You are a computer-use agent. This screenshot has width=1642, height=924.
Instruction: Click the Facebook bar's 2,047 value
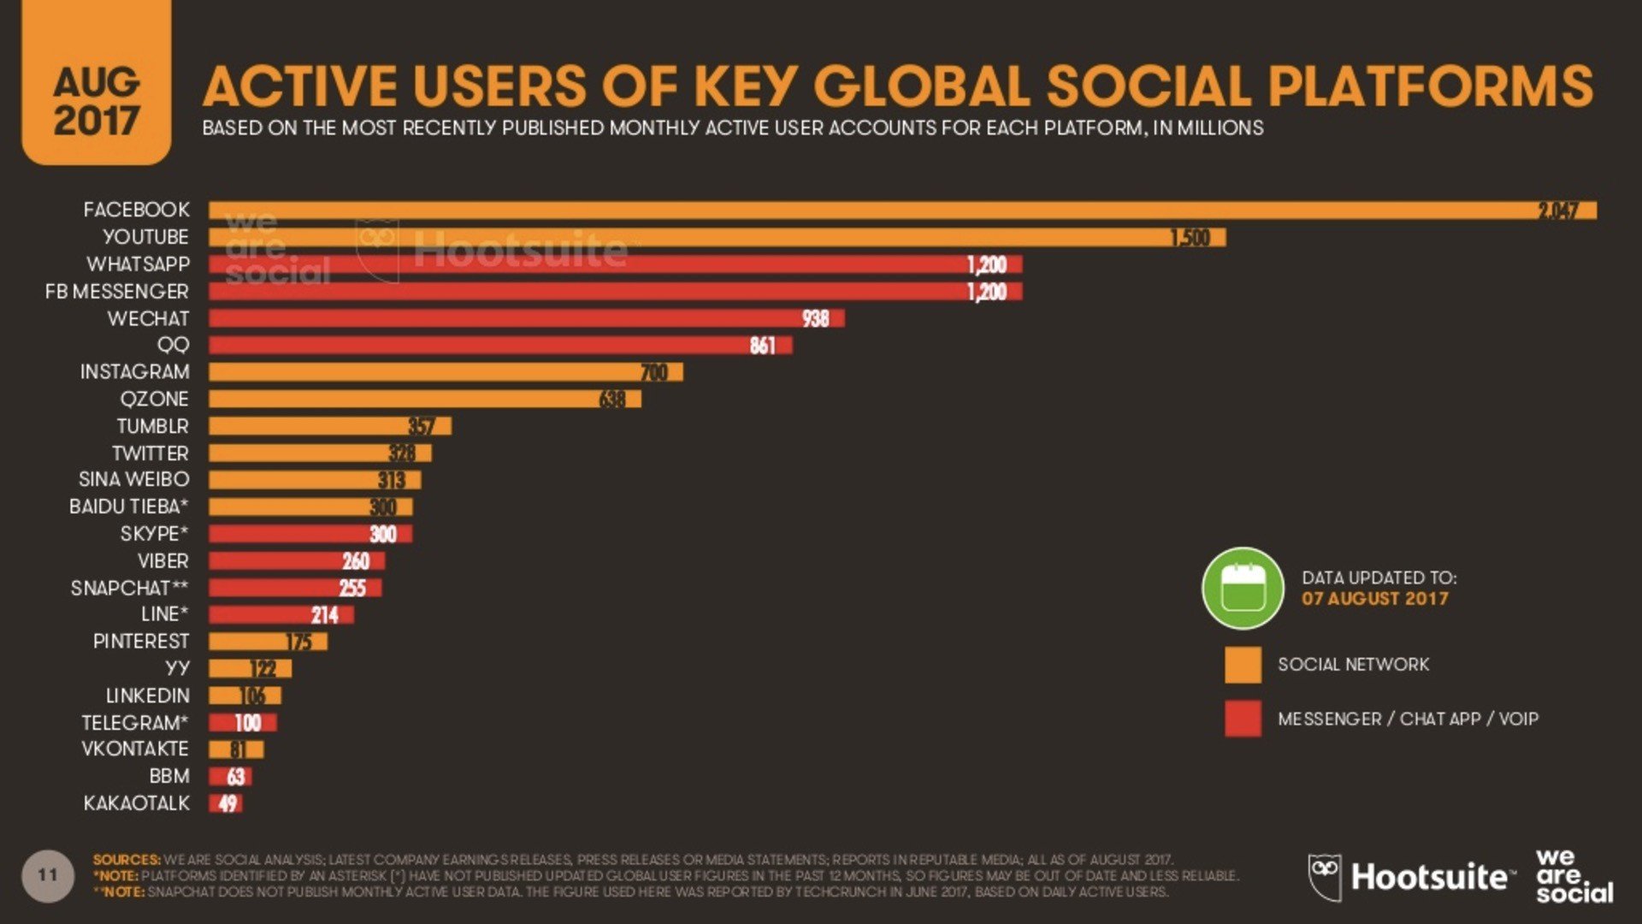click(1557, 210)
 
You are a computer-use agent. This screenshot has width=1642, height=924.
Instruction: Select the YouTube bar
click(717, 237)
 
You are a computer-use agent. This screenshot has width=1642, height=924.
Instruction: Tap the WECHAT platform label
click(148, 318)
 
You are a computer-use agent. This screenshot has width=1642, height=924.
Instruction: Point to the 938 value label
click(815, 318)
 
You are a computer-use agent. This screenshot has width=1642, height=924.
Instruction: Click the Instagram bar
click(445, 372)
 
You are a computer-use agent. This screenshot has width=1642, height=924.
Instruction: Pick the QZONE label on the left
click(154, 399)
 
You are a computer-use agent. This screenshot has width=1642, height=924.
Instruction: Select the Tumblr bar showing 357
click(329, 426)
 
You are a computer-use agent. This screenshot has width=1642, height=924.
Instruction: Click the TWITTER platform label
click(150, 453)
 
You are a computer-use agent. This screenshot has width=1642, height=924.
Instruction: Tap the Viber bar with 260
click(296, 561)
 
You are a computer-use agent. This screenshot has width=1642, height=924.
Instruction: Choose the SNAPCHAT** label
click(129, 589)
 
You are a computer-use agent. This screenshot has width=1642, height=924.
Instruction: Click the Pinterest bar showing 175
click(268, 642)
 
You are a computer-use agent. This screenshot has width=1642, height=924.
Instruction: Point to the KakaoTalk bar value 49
click(227, 803)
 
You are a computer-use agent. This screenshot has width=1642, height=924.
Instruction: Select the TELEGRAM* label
click(134, 723)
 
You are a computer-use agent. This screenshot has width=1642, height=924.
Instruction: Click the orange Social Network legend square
click(1243, 665)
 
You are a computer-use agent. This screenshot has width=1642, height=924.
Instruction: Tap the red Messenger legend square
click(1243, 719)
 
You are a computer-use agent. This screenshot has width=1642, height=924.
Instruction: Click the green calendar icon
click(1243, 588)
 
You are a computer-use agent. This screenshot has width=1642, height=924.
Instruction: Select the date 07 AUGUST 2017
click(1374, 599)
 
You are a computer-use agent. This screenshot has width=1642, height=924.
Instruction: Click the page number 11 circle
click(48, 875)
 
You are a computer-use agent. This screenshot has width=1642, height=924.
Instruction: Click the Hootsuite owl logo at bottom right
click(1324, 877)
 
